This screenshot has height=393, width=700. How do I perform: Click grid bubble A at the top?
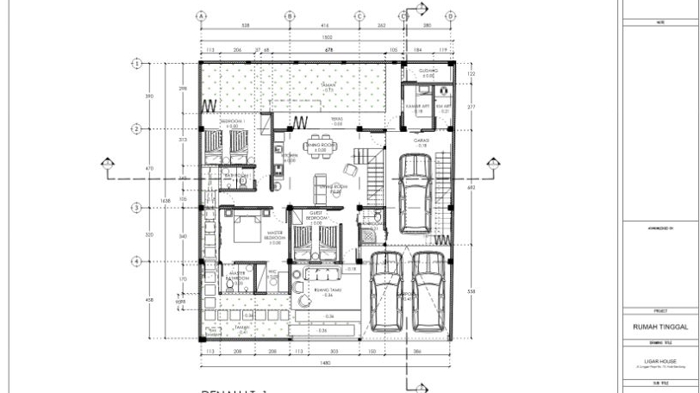point(201,16)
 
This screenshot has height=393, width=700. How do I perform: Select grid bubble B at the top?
point(290,16)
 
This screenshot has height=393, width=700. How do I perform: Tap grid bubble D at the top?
point(403,16)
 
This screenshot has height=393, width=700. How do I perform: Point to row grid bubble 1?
point(136,63)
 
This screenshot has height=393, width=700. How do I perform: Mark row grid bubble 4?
point(136,261)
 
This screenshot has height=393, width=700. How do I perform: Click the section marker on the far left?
point(107,163)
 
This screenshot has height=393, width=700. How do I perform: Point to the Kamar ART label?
point(418,107)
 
